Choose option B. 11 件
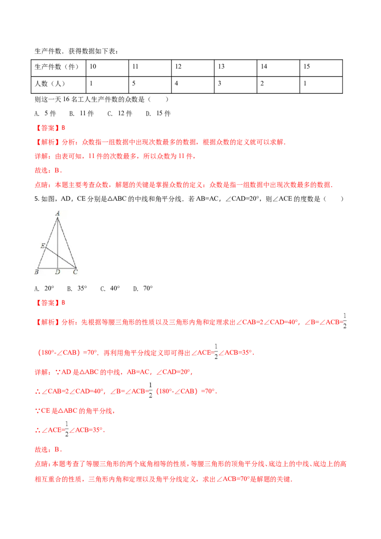[x=81, y=113]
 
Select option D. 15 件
[x=158, y=113]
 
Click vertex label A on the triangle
[x=58, y=213]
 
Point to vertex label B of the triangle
[x=37, y=272]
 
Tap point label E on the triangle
[x=43, y=246]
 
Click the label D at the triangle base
[x=58, y=272]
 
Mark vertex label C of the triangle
[x=75, y=272]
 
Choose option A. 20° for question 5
[x=44, y=289]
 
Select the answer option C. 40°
[x=110, y=289]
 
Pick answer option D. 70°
[x=143, y=289]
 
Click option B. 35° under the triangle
[x=77, y=289]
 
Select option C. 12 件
[x=120, y=113]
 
